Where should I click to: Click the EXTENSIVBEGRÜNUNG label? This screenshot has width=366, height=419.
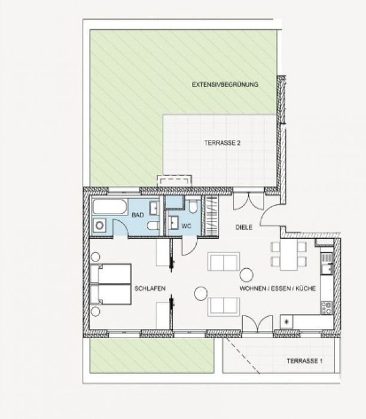225,84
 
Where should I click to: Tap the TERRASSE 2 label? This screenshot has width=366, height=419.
222,142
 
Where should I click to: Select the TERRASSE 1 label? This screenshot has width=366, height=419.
304,361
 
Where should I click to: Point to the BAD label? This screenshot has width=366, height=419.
138,215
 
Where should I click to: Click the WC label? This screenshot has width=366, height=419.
187,226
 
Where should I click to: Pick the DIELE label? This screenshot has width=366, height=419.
244,227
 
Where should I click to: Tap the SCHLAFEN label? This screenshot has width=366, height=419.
150,289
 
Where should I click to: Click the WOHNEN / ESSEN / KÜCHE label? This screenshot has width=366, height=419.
277,289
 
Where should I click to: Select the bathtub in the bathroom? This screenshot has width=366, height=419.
109,207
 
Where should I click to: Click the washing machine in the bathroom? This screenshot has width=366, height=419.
99,226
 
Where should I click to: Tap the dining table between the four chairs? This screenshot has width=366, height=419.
289,254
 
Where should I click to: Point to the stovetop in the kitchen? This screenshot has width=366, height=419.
326,308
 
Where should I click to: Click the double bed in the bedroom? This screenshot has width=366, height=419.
111,284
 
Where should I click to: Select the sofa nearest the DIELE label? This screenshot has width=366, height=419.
224,262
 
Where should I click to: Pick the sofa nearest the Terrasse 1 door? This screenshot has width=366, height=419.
224,306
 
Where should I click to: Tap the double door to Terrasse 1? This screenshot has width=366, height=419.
258,324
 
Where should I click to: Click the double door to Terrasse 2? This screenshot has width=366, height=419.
249,201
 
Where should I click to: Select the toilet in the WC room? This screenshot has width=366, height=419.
193,206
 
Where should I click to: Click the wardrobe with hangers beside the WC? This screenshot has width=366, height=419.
211,216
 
